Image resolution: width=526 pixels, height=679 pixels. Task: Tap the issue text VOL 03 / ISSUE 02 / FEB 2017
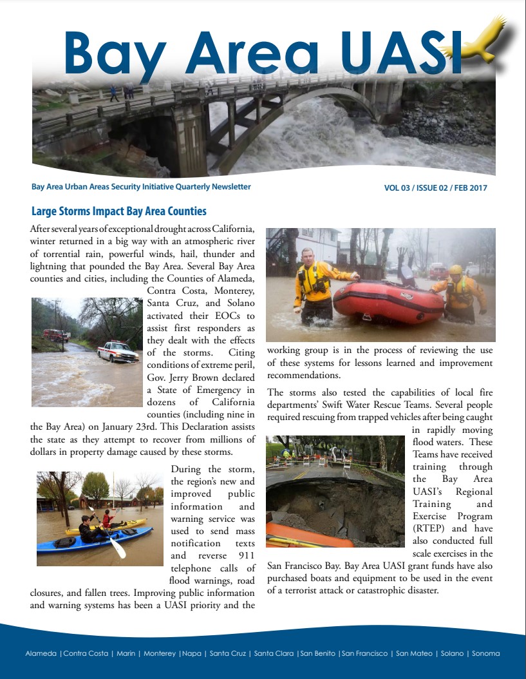pos(435,188)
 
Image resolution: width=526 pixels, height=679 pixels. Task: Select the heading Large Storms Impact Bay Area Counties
pos(119,211)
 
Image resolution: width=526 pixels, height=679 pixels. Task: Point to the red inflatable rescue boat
pos(380,303)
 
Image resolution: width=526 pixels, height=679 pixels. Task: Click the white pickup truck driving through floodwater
pos(117,352)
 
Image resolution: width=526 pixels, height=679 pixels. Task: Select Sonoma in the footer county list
pos(485,653)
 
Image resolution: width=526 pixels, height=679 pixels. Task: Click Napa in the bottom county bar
pos(191,653)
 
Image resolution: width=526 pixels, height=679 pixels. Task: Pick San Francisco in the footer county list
pos(365,653)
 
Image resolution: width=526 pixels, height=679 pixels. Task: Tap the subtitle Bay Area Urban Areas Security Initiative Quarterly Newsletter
pos(141,187)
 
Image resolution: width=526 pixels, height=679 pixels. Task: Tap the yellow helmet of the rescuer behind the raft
pos(456,270)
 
